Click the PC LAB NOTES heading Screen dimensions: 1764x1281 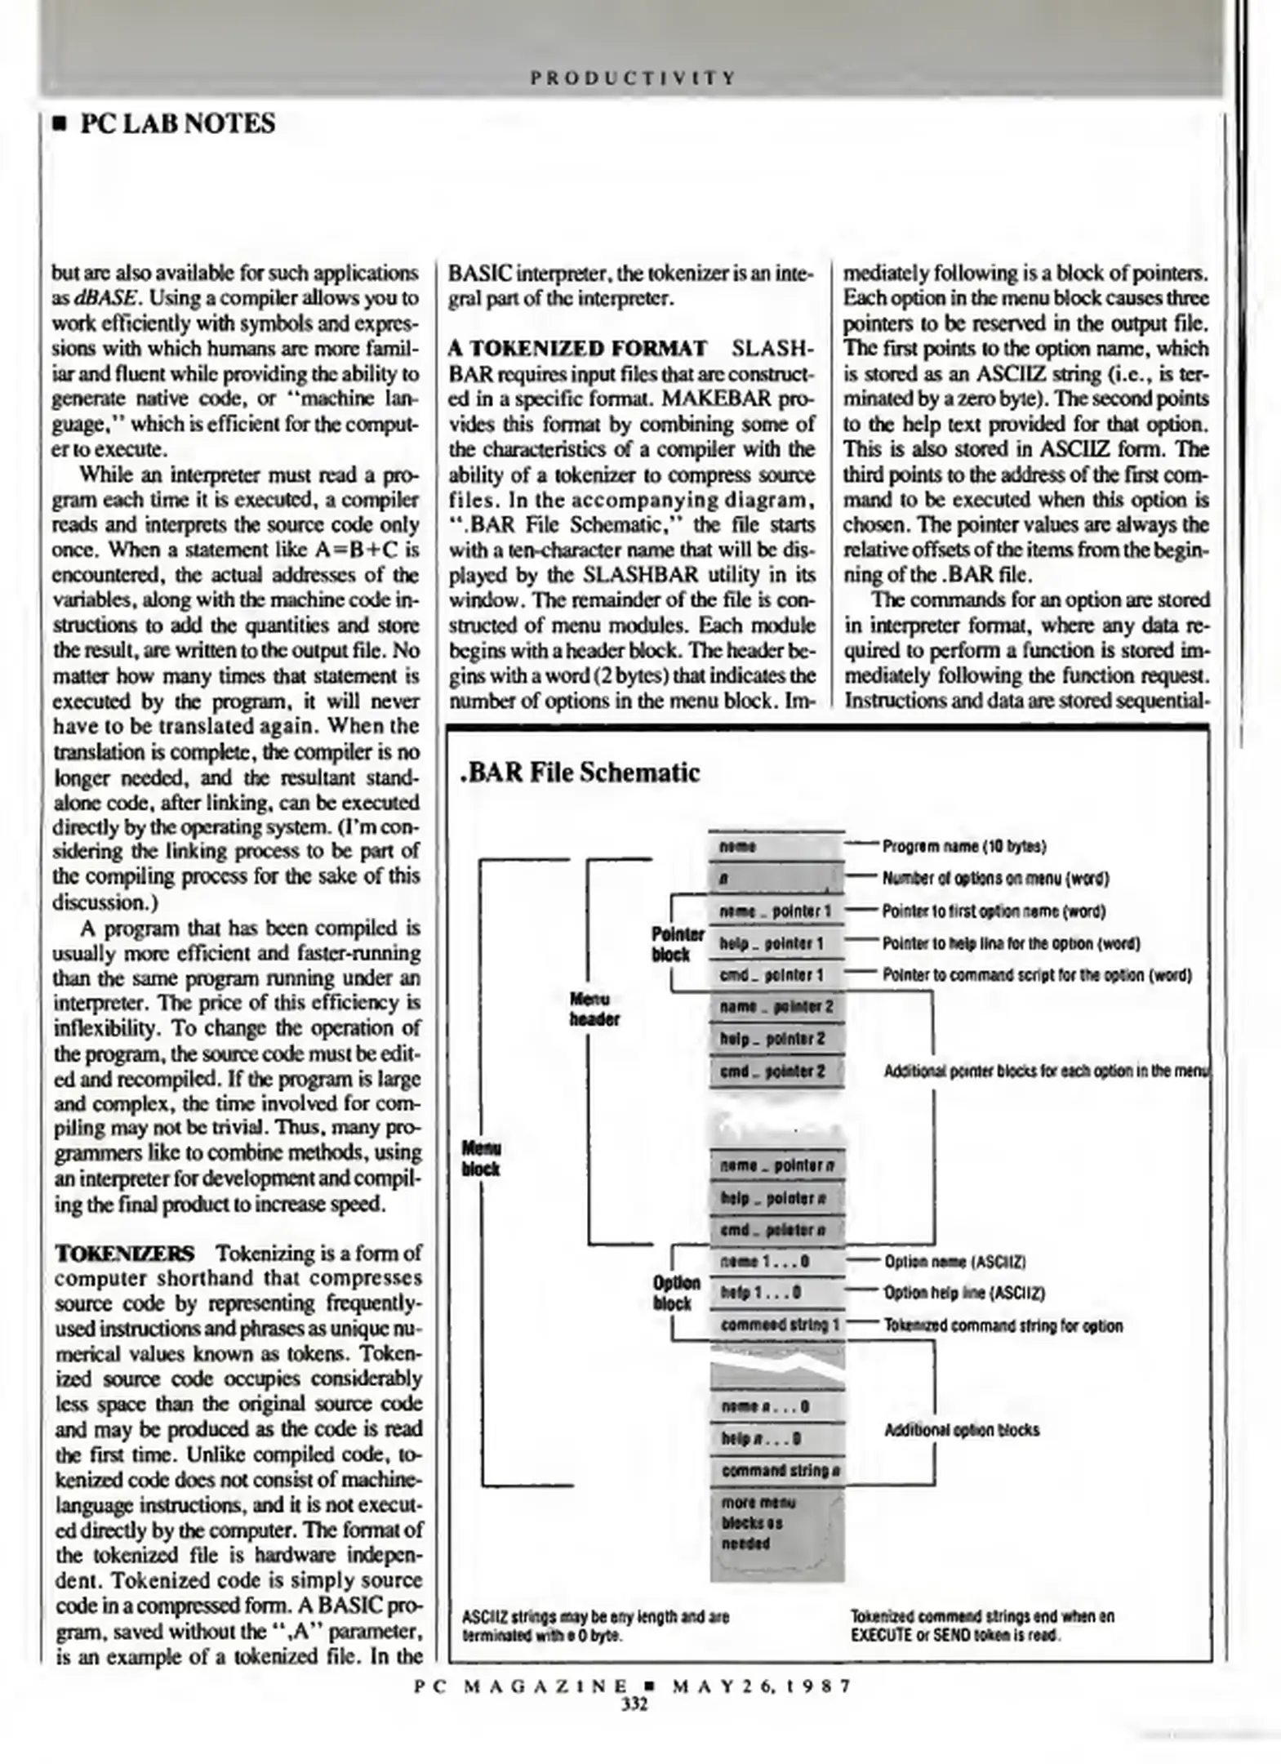[177, 124]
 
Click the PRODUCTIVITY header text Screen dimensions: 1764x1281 [634, 78]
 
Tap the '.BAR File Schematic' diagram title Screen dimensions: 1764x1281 [580, 772]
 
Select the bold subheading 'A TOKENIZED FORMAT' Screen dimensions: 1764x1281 [578, 349]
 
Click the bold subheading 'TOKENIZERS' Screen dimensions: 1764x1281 [125, 1253]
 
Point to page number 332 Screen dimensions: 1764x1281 [634, 1704]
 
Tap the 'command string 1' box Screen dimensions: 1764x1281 [778, 1325]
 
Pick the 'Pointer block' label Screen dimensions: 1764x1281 [677, 944]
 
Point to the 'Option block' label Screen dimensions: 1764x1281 [676, 1293]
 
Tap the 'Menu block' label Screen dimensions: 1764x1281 [482, 1158]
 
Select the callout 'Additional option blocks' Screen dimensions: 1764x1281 [962, 1429]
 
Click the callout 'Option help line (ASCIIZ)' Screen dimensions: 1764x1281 [964, 1293]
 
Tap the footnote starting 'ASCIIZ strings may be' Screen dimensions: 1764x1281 [595, 1626]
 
